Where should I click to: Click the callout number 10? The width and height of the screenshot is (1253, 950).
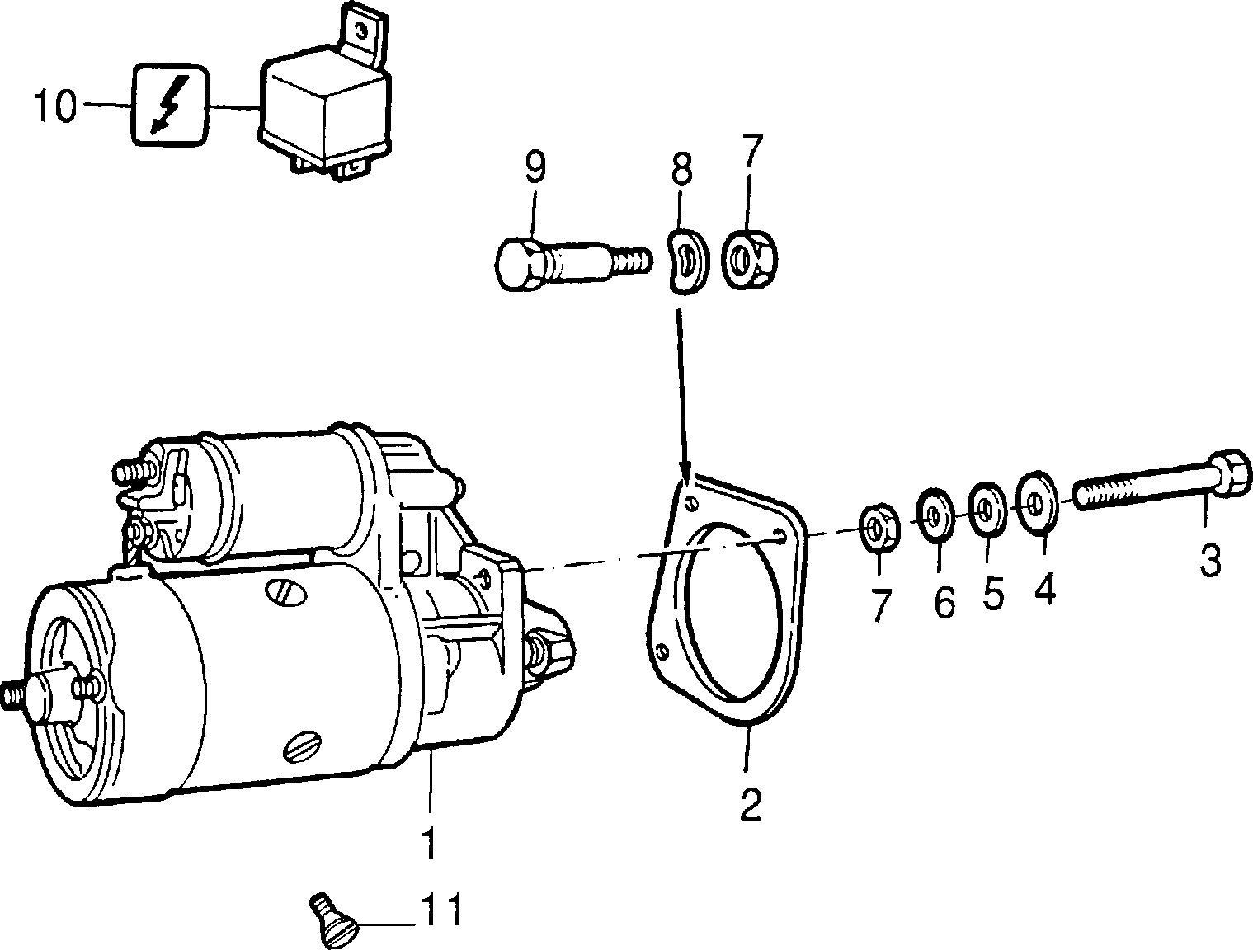[x=54, y=106]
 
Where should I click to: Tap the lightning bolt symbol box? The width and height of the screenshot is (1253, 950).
[x=170, y=105]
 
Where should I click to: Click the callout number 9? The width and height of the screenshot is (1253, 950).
[x=535, y=167]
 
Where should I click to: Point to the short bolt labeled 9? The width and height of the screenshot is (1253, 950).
[x=572, y=265]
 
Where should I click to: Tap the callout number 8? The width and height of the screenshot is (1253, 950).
[x=681, y=167]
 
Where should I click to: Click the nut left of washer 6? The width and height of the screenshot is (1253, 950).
[x=880, y=527]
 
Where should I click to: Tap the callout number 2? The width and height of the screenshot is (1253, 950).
[x=750, y=804]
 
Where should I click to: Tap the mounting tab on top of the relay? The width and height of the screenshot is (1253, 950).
[x=363, y=35]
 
